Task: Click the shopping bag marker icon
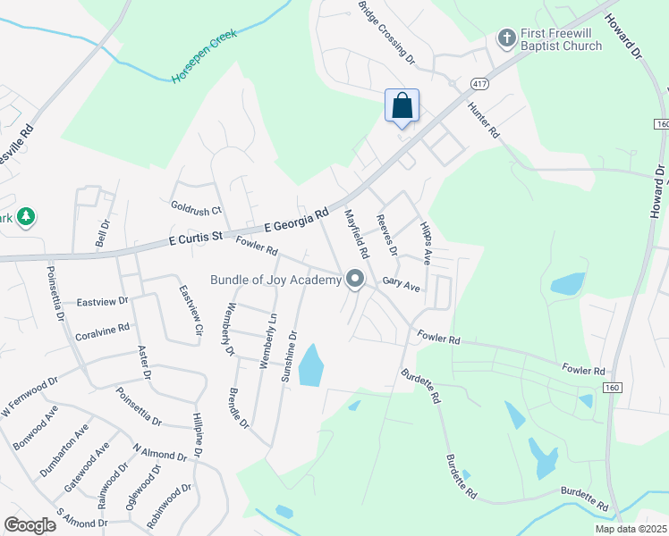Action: tap(402, 105)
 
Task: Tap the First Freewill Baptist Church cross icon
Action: tap(505, 38)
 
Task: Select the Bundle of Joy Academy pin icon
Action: tap(355, 280)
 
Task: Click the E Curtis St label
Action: tap(195, 239)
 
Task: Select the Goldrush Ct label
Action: tap(196, 208)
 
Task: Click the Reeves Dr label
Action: tap(387, 233)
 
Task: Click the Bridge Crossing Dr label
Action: tap(386, 31)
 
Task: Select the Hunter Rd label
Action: tap(484, 119)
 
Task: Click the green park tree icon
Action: tap(26, 217)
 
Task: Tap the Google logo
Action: tap(30, 525)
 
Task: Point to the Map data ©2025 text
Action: tap(630, 529)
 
